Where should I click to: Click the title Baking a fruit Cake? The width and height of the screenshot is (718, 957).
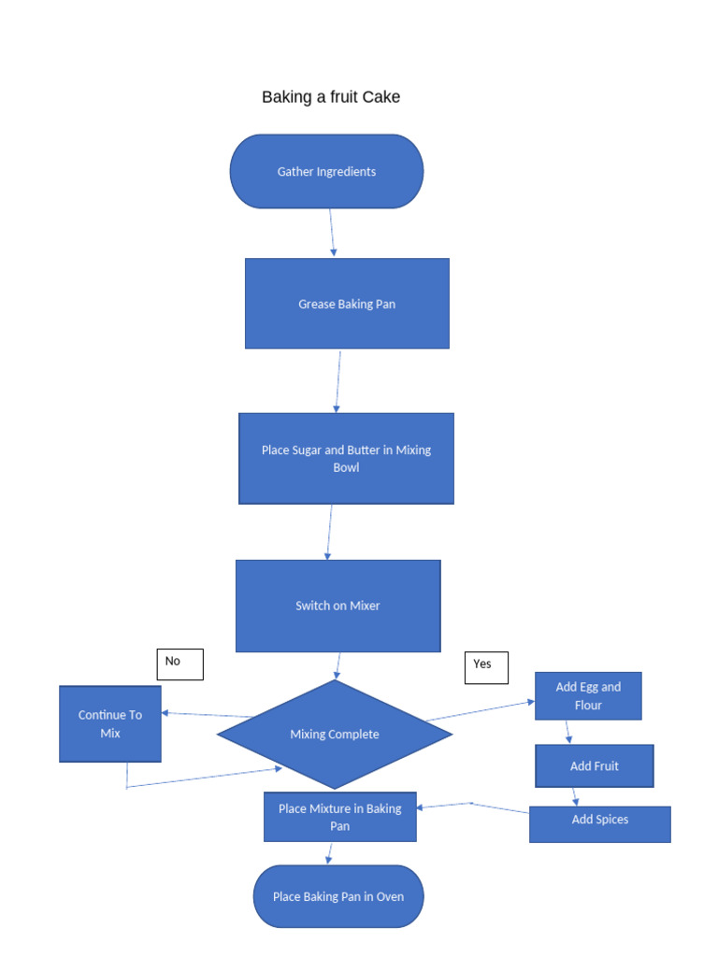coord(331,97)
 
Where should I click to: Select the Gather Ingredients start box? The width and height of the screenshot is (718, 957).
coord(326,171)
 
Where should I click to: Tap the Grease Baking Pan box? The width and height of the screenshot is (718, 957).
coord(347,304)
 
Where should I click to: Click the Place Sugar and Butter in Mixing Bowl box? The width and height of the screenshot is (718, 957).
coord(346,458)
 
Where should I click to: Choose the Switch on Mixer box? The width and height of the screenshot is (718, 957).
coord(337,606)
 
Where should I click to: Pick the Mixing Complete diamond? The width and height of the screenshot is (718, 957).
coord(335,735)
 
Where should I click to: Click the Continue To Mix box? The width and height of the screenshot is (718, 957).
coord(110,724)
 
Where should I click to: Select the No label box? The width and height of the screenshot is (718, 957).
coord(179,664)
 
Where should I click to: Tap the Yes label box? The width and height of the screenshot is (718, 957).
coord(486,667)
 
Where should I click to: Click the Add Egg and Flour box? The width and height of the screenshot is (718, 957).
coord(588,696)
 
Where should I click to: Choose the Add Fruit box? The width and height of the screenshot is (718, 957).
coord(595,766)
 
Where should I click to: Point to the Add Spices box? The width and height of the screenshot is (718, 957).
coord(600,823)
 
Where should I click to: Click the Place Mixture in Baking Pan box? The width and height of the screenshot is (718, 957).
coord(340,817)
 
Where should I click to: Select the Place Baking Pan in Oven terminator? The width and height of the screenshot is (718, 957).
coord(338,896)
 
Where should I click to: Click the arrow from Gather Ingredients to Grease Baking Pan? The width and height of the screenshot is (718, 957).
coord(332,232)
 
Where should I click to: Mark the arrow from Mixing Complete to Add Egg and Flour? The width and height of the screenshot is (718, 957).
coord(481,710)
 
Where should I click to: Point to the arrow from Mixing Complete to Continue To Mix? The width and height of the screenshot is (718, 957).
coord(207,715)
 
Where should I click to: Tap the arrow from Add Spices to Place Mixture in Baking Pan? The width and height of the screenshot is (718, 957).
coord(472,805)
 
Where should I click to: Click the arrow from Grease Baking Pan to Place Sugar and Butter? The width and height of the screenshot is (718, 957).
coord(338,381)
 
